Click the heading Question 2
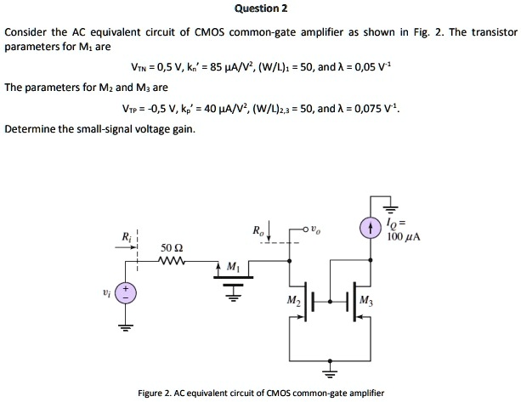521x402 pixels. [x=261, y=8]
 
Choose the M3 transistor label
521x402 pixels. [x=365, y=301]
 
